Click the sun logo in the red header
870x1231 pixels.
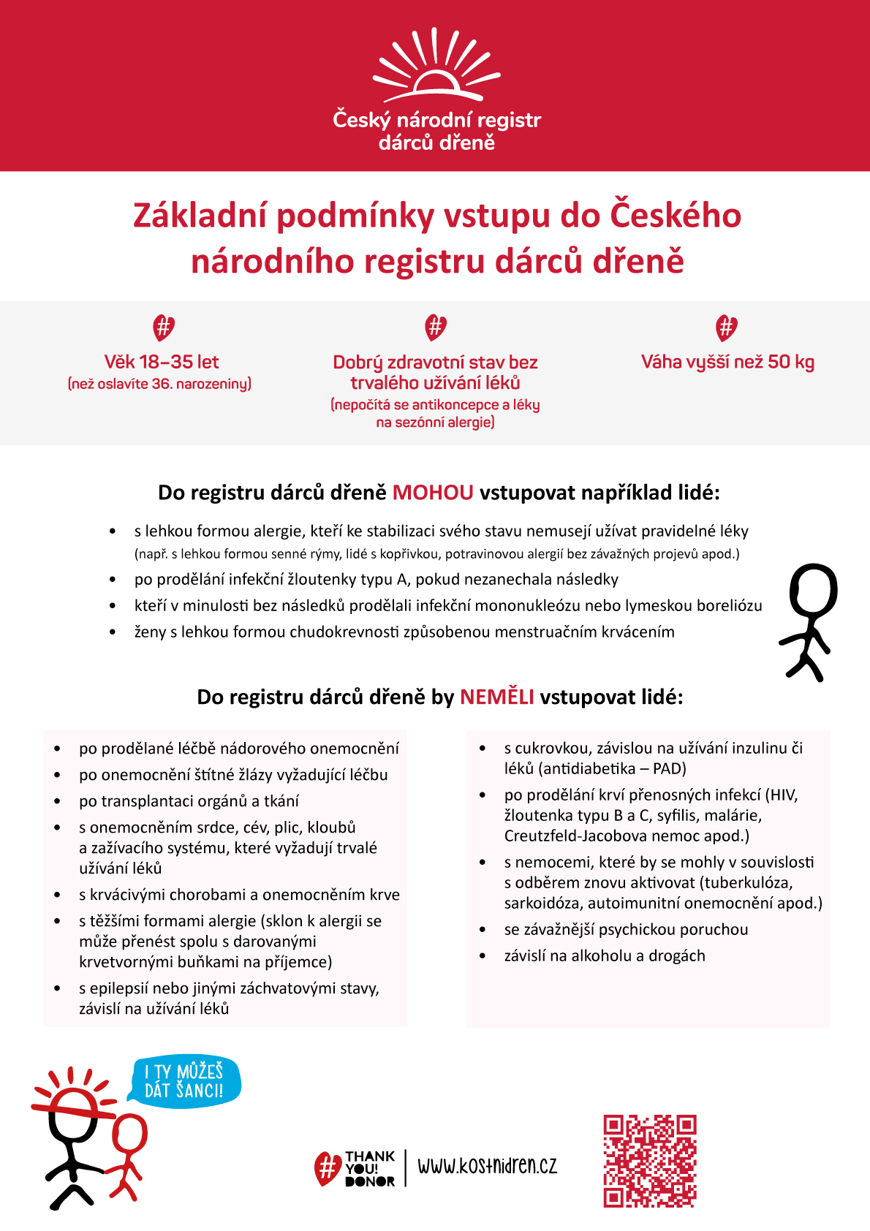coord(436,67)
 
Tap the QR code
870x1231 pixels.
coord(649,1161)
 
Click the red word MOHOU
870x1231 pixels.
coord(433,493)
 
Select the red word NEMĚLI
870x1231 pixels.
coord(496,697)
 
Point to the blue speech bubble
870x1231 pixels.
coord(184,1081)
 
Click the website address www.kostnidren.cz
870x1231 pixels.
coord(487,1165)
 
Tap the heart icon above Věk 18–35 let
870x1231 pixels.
coord(163,327)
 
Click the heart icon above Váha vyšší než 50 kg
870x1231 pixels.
coord(726,327)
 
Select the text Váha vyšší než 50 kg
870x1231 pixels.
coord(727,362)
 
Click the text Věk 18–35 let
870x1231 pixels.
coord(162,362)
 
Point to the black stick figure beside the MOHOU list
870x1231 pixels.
coord(809,621)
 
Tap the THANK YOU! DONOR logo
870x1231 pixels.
coord(355,1168)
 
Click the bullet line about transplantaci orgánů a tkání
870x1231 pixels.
coord(189,801)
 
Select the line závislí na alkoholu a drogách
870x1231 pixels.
coord(605,956)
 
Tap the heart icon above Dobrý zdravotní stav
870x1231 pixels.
coord(435,327)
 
